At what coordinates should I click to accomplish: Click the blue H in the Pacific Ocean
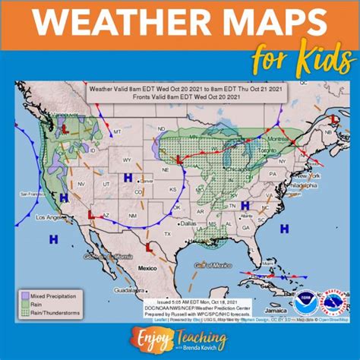[53, 239]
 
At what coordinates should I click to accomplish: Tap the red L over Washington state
[65, 130]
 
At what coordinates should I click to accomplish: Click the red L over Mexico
[149, 247]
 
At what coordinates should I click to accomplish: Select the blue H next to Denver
[128, 178]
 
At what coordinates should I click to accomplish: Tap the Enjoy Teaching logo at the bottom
[180, 336]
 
